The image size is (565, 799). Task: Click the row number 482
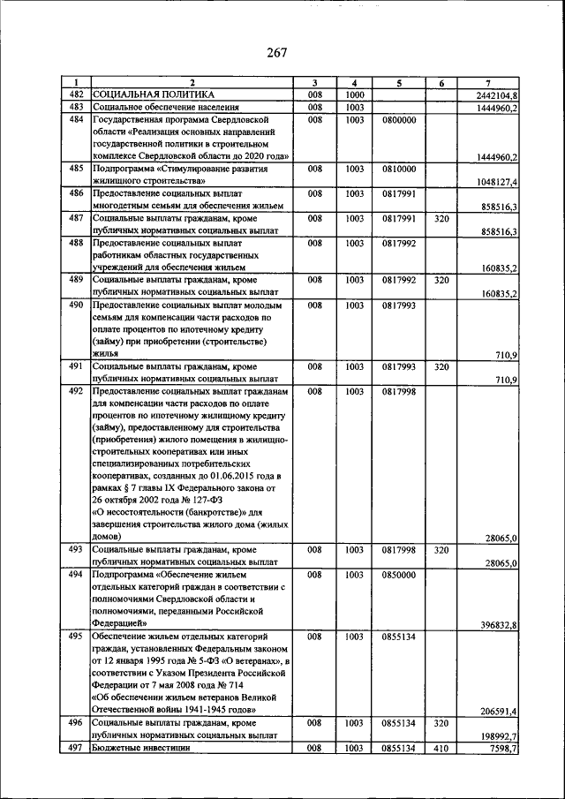[x=76, y=94]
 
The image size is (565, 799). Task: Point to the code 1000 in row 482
[x=355, y=94]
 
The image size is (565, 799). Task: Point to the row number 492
[x=76, y=391]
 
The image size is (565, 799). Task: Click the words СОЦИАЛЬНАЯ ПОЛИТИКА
[x=153, y=94]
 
